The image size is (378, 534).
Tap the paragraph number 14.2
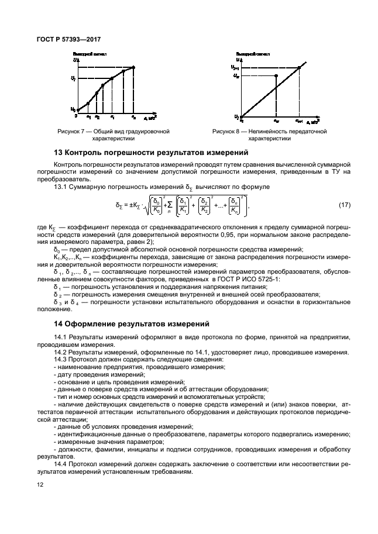(61, 352)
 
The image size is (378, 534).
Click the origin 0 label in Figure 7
(75, 116)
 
